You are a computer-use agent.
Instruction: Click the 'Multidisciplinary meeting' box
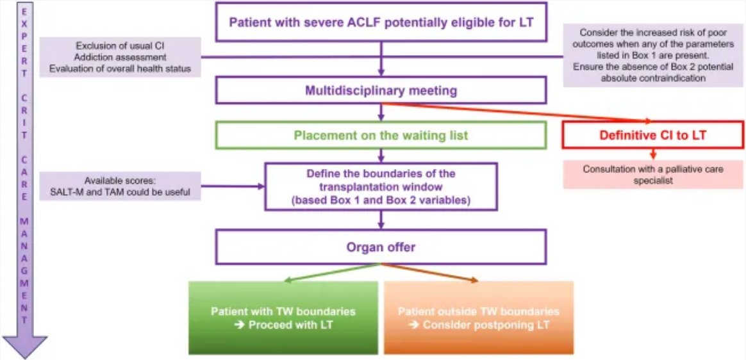pyautogui.click(x=381, y=90)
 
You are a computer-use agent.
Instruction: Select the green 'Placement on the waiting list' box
pyautogui.click(x=381, y=135)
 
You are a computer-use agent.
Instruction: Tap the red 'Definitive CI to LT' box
pyautogui.click(x=652, y=135)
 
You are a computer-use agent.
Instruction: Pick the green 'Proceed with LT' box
pyautogui.click(x=283, y=317)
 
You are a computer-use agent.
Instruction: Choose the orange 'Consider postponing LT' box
pyautogui.click(x=478, y=317)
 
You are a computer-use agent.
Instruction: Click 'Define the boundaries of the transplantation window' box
pyautogui.click(x=381, y=186)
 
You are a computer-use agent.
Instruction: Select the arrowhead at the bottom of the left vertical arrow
pyautogui.click(x=25, y=346)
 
